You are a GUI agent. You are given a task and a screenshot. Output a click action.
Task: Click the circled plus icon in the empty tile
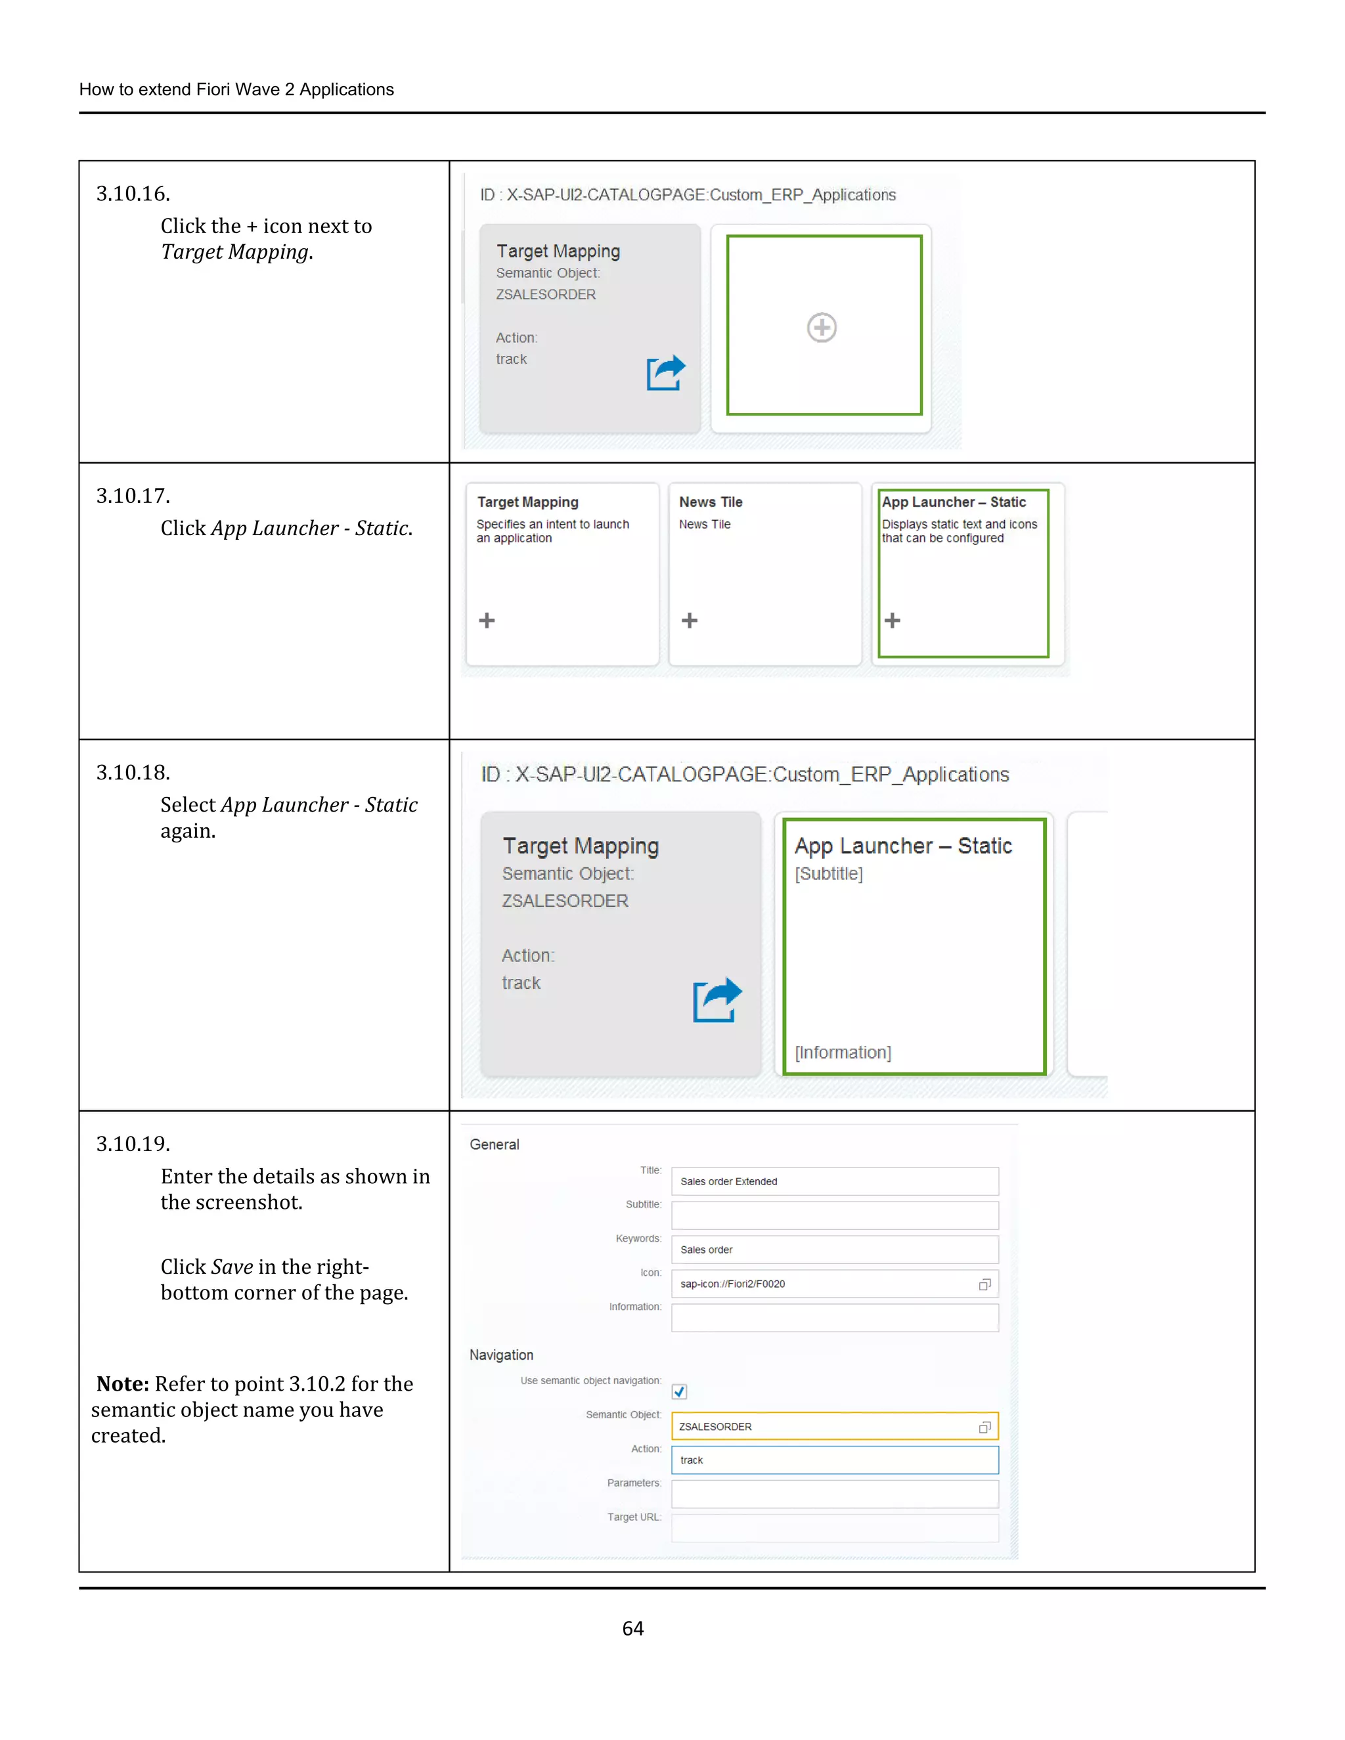822,328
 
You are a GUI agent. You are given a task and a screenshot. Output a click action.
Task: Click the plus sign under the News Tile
689,620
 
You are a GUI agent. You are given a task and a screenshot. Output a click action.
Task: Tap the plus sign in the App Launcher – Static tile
893,620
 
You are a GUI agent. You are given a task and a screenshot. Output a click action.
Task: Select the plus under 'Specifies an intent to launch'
487,620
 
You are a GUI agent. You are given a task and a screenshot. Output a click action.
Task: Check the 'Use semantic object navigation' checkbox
679,1392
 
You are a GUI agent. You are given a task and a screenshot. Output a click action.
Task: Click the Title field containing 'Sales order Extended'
834,1181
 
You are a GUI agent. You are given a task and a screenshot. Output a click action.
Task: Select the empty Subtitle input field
834,1216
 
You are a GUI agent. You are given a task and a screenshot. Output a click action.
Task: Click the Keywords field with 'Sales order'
834,1250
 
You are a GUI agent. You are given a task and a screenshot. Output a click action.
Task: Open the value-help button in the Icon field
985,1284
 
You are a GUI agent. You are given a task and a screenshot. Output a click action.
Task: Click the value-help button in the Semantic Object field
985,1427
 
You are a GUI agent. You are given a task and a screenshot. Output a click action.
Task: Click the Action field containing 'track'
834,1460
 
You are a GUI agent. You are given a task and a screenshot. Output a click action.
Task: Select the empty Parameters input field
834,1494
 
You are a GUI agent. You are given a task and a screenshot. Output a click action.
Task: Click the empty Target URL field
834,1528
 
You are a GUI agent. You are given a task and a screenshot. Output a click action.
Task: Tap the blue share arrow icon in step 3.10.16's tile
665,373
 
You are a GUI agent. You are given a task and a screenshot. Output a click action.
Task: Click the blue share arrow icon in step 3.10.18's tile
717,1000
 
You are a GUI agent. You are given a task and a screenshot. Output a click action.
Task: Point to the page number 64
632,1628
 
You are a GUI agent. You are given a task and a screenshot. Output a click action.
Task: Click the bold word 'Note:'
123,1384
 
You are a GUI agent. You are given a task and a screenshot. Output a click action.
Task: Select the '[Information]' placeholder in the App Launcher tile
842,1053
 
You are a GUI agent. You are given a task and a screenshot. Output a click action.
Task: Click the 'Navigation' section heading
501,1355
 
